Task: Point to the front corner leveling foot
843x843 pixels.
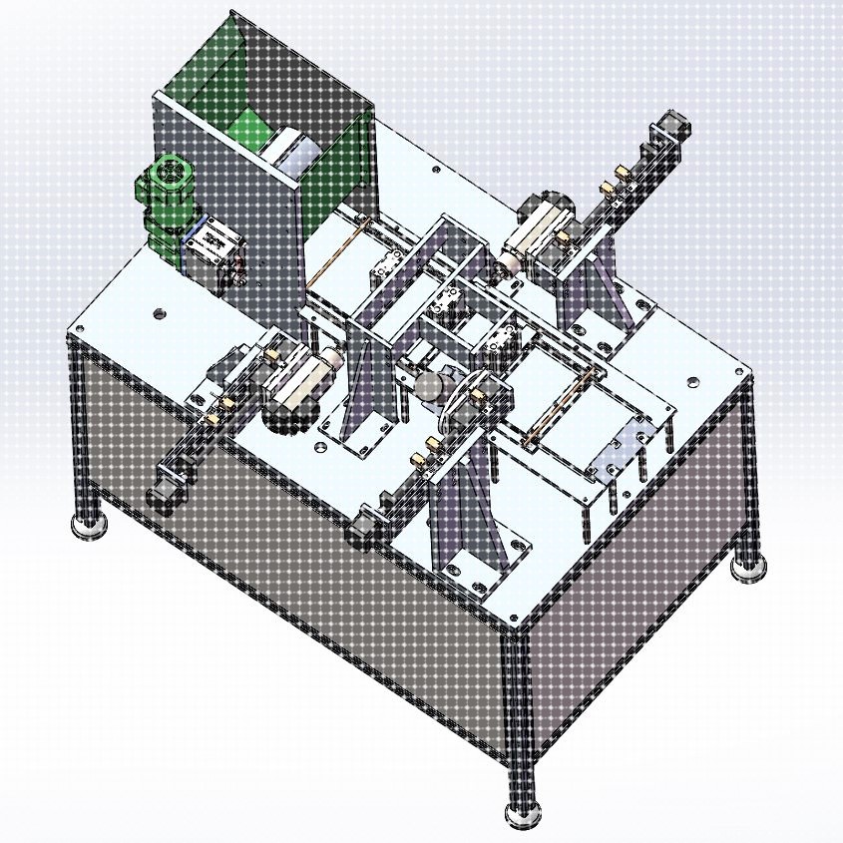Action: click(x=523, y=813)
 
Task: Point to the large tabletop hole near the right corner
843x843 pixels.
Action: click(x=688, y=379)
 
